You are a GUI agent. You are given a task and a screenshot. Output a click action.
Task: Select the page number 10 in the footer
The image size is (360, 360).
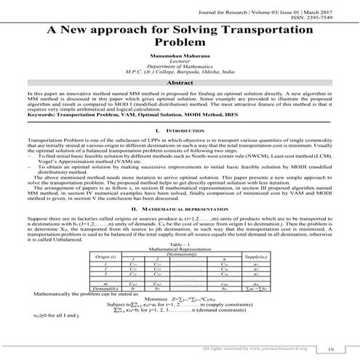tap(332, 348)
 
